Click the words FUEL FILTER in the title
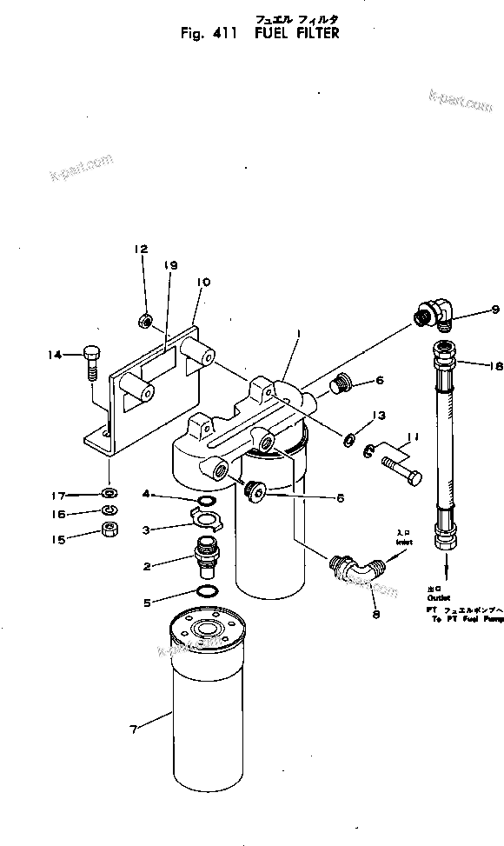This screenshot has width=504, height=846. tap(296, 33)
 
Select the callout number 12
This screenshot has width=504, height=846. tap(142, 250)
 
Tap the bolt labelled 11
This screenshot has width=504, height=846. tap(401, 475)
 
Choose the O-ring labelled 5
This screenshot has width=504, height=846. tap(207, 591)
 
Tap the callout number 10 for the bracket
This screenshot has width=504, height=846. tap(203, 283)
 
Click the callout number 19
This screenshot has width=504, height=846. tap(170, 265)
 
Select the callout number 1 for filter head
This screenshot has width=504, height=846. tap(297, 331)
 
